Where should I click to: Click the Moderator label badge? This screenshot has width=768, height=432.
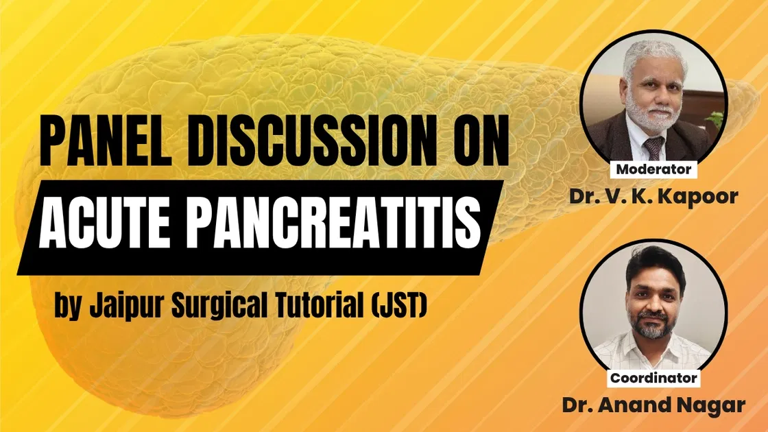pyautogui.click(x=653, y=169)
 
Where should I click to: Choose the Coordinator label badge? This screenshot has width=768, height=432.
pyautogui.click(x=653, y=377)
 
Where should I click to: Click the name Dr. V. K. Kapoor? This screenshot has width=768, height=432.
pyautogui.click(x=653, y=197)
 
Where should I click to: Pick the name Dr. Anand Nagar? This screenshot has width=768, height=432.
pyautogui.click(x=653, y=405)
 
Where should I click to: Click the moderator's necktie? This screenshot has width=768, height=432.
pyautogui.click(x=653, y=147)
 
